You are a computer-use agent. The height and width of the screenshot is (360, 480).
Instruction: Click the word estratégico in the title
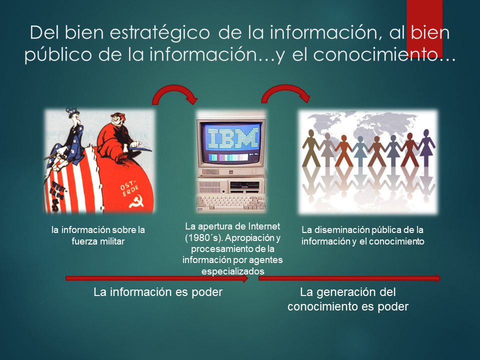pos(159,33)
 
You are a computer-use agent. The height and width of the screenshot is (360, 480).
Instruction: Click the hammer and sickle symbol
pos(136,201)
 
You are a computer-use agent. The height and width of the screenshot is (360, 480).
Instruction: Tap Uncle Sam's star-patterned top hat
pos(72,111)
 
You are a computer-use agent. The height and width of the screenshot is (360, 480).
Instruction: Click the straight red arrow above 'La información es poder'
pos(156,278)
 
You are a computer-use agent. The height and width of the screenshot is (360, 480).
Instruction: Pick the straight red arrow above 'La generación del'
pos(349,278)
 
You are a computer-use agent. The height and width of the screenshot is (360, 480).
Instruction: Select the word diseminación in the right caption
pos(341,230)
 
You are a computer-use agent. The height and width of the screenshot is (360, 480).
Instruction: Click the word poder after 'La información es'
pos(207,292)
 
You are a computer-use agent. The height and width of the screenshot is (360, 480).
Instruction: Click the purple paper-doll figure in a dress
pos(426,147)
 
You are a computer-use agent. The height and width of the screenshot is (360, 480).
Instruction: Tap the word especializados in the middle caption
pos(233,271)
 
